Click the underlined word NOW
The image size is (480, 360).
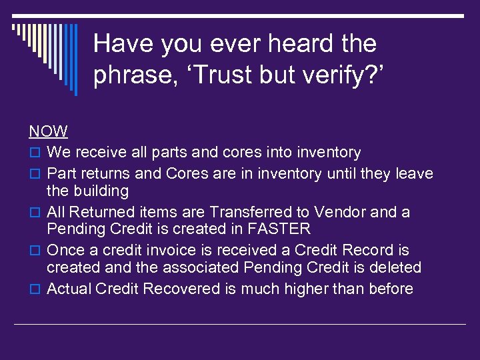48,132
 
